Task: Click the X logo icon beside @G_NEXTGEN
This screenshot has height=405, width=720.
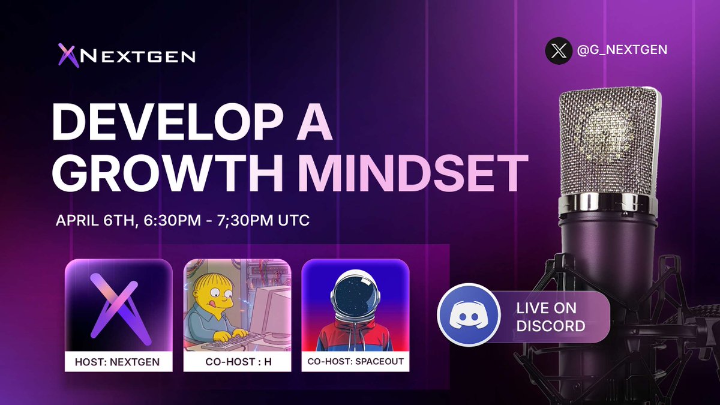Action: (559, 50)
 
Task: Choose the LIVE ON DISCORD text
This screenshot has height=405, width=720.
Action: (551, 317)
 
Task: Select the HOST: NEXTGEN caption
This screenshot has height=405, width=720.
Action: (118, 362)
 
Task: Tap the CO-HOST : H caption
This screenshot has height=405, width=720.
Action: (237, 362)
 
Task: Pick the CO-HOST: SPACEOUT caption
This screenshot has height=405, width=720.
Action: (355, 362)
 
